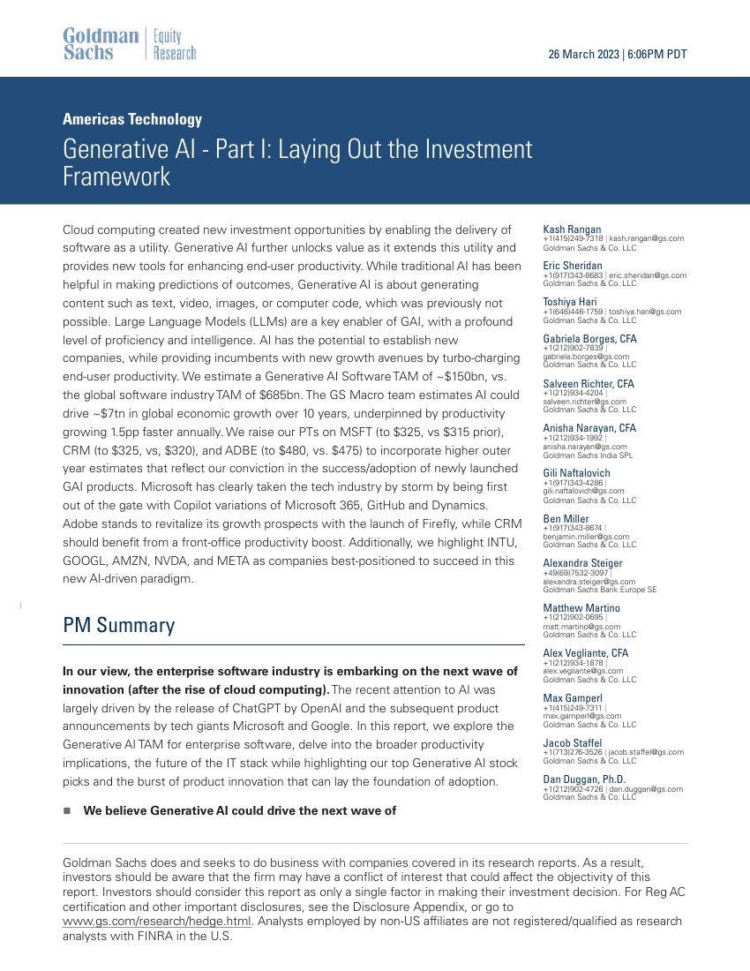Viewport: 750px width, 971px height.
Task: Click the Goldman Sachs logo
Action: pos(101,44)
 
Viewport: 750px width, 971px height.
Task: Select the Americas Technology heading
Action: pos(132,119)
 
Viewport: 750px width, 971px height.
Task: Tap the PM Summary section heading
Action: pos(118,626)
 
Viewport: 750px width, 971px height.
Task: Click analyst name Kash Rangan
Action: pos(572,230)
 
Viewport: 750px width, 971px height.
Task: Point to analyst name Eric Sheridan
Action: pos(573,266)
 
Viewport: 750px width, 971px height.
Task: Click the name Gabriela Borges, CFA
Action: pos(589,339)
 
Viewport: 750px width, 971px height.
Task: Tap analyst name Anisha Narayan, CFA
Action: pos(589,428)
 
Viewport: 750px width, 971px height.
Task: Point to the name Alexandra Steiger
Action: pos(582,563)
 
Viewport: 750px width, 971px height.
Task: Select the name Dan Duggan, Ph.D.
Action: pos(584,779)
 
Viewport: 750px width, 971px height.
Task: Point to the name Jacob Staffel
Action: pos(573,742)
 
